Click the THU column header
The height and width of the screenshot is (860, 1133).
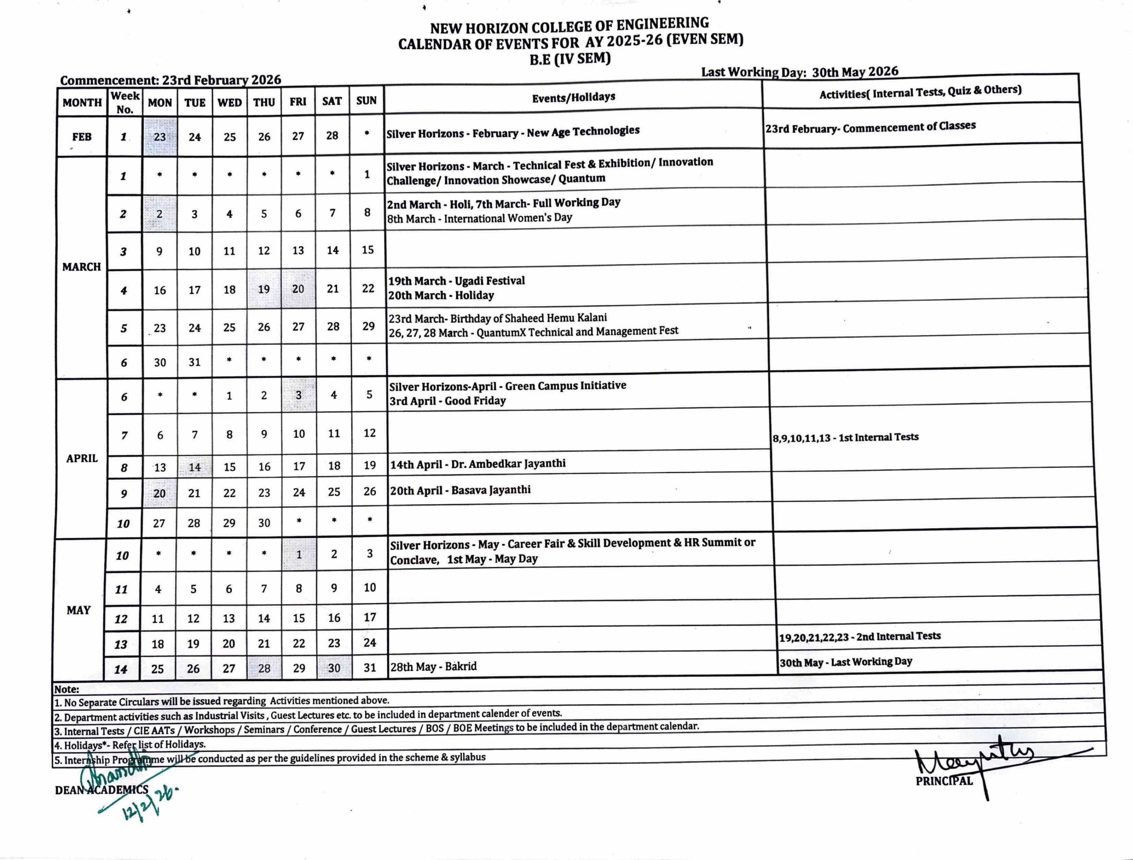pyautogui.click(x=264, y=102)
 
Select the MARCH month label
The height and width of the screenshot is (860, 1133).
pyautogui.click(x=81, y=267)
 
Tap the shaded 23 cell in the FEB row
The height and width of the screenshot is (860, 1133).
pyautogui.click(x=160, y=137)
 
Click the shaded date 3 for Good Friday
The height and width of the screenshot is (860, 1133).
pyautogui.click(x=299, y=395)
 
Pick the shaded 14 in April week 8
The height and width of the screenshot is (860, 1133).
pyautogui.click(x=195, y=467)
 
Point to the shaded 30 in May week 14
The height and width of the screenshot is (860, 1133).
pyautogui.click(x=334, y=668)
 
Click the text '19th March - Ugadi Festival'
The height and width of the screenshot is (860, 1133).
pyautogui.click(x=456, y=281)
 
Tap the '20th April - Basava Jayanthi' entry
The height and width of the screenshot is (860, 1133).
pyautogui.click(x=460, y=490)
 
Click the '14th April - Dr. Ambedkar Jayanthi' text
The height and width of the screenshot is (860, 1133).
pyautogui.click(x=478, y=464)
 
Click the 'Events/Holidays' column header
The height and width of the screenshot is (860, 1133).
pyautogui.click(x=573, y=97)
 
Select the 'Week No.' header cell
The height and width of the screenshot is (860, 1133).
pyautogui.click(x=125, y=102)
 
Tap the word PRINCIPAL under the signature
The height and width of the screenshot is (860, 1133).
pyautogui.click(x=944, y=781)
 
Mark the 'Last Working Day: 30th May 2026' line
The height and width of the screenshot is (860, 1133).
pyautogui.click(x=800, y=72)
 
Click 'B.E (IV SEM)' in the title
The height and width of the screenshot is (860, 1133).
pyautogui.click(x=570, y=59)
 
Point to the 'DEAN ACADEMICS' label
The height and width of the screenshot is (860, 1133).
pyautogui.click(x=101, y=790)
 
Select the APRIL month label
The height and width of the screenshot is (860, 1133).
pyautogui.click(x=81, y=459)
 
